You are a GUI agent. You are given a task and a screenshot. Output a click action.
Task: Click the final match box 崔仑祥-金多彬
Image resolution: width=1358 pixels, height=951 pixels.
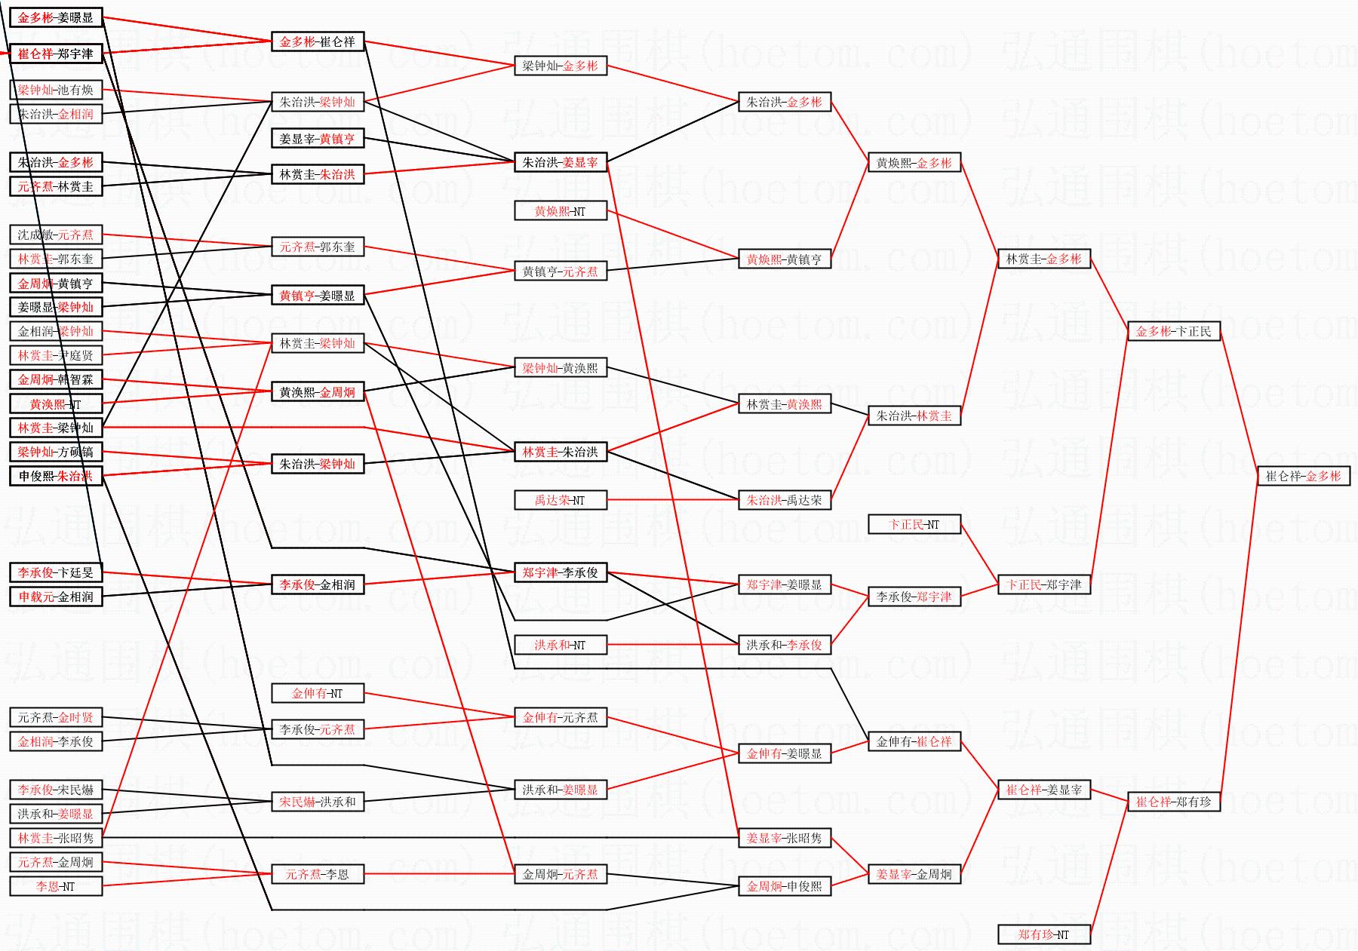pos(1303,476)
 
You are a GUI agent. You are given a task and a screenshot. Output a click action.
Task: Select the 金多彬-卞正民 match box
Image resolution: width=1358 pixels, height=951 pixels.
pos(1173,331)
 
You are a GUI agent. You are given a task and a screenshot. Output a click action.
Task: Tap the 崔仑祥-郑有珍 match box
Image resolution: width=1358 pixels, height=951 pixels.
pos(1173,802)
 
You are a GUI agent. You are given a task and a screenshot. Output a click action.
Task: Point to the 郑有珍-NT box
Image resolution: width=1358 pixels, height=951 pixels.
pos(1043,934)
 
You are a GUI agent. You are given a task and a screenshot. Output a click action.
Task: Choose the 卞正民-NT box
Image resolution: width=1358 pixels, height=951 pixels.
pos(914,524)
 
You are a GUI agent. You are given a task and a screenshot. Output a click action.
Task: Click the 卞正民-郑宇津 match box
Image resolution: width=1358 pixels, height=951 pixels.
pos(1043,584)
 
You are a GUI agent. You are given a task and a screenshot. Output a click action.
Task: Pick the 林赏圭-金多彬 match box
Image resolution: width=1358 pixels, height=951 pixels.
pos(1043,259)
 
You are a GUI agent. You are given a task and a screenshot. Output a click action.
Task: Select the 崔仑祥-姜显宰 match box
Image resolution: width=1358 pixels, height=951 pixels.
pos(1043,790)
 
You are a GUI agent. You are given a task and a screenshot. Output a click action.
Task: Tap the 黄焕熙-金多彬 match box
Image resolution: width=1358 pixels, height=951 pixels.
pos(914,162)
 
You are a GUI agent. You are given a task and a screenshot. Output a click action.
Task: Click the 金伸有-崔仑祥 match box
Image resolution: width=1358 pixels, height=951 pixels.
pos(914,741)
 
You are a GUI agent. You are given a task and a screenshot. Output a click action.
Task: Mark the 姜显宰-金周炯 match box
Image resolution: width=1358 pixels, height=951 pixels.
pos(914,874)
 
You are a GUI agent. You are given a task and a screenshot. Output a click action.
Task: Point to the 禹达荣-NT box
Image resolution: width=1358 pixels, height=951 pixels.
pos(560,500)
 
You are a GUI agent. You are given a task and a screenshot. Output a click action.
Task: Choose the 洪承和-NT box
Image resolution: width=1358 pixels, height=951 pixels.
pos(560,645)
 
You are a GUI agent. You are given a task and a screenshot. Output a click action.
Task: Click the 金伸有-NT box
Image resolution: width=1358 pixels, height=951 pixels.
pos(317,693)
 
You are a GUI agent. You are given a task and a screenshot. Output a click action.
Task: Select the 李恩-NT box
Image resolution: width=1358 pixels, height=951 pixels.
pos(55,886)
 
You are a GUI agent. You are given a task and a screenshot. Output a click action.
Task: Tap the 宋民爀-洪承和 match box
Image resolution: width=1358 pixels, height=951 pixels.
pos(317,802)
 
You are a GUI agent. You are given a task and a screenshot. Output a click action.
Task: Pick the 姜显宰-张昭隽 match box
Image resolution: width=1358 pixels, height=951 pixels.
pos(784,838)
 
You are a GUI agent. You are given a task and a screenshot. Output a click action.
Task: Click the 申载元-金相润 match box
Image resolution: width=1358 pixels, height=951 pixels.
pos(55,597)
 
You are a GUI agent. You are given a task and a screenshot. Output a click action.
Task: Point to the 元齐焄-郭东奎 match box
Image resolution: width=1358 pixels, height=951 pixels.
pos(317,247)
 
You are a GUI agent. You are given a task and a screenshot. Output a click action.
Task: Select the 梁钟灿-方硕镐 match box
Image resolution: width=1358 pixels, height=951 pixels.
pos(55,452)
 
